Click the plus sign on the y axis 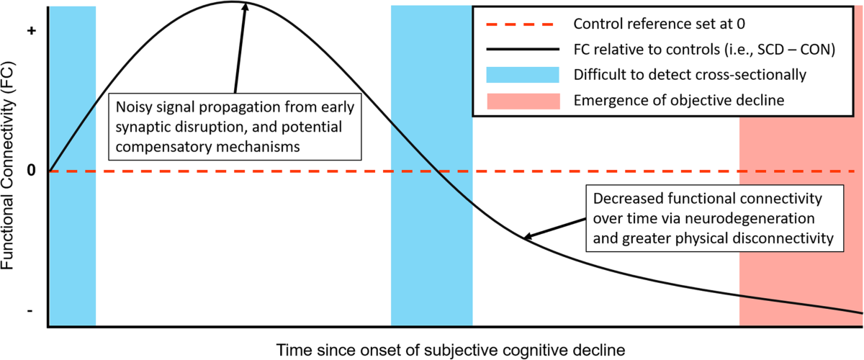pos(30,32)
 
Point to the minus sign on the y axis pos(30,310)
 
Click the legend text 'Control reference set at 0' pos(658,24)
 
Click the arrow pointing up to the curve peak pos(239,50)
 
